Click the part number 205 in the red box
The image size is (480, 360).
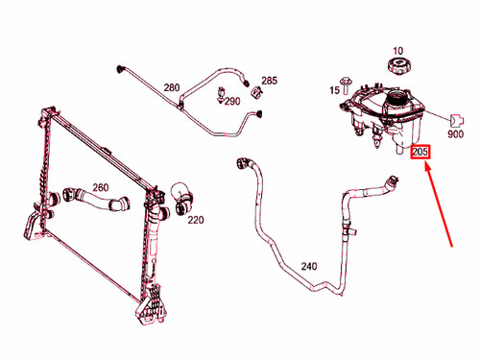tap(420, 152)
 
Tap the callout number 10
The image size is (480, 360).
tap(398, 50)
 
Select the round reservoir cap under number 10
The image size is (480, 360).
tap(398, 68)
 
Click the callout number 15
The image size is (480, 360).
tap(336, 90)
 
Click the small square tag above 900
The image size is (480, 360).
tap(459, 121)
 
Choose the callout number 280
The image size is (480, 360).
tap(172, 87)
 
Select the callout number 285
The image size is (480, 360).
tap(269, 80)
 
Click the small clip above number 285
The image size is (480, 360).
tap(257, 92)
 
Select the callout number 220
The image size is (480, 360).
tap(196, 220)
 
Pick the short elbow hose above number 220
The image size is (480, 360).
tap(183, 198)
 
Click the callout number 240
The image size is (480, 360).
tap(309, 266)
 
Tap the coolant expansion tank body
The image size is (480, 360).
tap(389, 115)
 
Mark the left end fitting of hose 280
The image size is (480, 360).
tap(121, 69)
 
